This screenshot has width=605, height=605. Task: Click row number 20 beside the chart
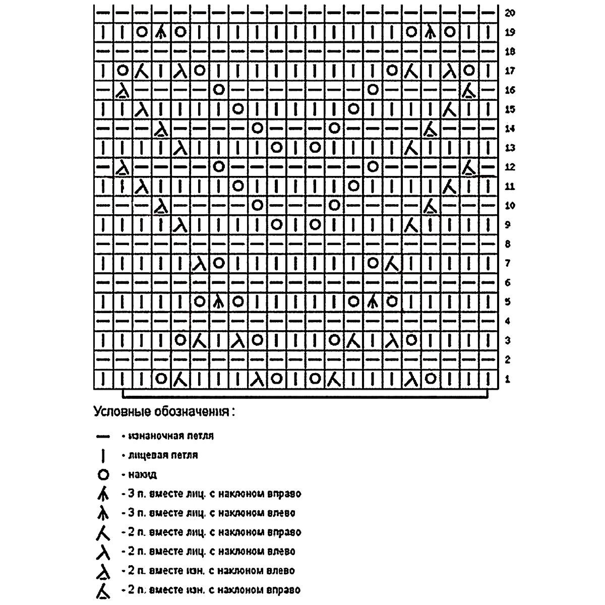click(x=510, y=13)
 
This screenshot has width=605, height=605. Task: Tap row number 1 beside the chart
click(x=507, y=379)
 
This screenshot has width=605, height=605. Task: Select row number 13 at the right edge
click(x=510, y=148)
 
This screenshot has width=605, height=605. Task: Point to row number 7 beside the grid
click(x=507, y=263)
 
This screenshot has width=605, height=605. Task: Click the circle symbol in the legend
click(x=103, y=474)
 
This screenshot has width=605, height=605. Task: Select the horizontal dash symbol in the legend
click(x=103, y=436)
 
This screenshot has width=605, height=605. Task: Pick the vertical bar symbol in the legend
click(x=103, y=455)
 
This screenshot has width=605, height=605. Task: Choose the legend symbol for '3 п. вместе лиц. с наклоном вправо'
click(x=103, y=494)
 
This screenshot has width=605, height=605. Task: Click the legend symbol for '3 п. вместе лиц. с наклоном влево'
click(x=103, y=513)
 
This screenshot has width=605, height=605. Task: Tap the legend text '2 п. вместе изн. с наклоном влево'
click(x=211, y=571)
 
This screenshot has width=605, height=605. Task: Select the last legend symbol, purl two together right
click(x=103, y=590)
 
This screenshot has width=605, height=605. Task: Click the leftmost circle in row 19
click(x=142, y=32)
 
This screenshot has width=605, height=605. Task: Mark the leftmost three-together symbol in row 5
click(x=218, y=301)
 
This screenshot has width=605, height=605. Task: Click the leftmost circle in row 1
click(x=161, y=378)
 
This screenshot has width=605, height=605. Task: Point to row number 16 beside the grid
click(x=510, y=90)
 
